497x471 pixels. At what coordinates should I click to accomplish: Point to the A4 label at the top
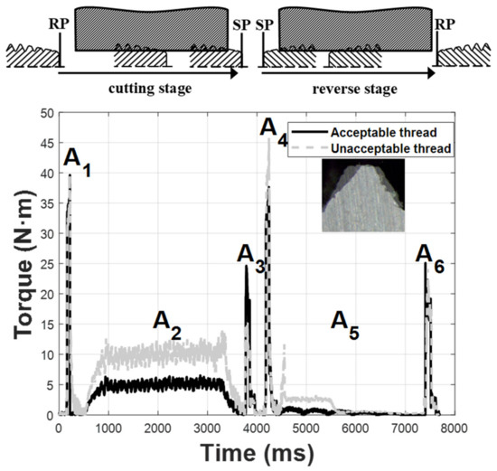coord(274,129)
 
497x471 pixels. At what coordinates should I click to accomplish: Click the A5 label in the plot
coord(344,322)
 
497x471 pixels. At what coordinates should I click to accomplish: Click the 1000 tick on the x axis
coord(108,426)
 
